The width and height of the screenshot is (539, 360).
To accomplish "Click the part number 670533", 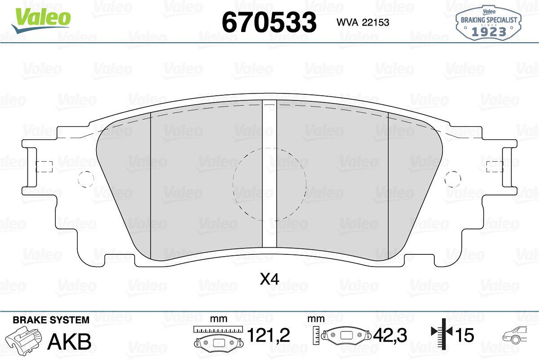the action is pyautogui.click(x=269, y=22).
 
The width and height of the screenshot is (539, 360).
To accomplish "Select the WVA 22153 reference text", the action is pyautogui.click(x=363, y=22).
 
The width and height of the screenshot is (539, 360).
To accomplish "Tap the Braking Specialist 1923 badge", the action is pyautogui.click(x=489, y=22).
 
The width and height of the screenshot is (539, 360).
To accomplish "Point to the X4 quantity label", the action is pyautogui.click(x=269, y=280).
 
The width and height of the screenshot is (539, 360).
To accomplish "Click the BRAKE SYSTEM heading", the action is pyautogui.click(x=51, y=320).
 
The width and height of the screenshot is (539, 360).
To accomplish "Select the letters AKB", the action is pyautogui.click(x=70, y=342).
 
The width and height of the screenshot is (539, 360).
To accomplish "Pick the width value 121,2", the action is pyautogui.click(x=269, y=335).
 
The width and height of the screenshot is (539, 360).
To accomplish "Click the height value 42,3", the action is pyautogui.click(x=390, y=335).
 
